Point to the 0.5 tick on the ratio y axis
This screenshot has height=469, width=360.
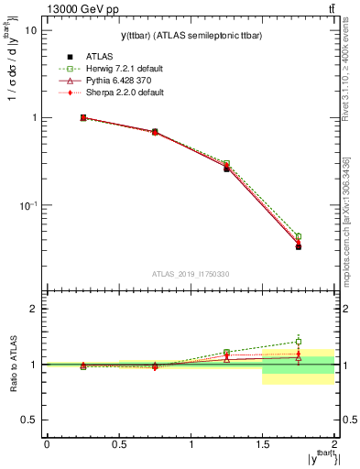(x=28, y=420)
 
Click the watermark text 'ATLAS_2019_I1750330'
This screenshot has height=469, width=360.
(x=190, y=274)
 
